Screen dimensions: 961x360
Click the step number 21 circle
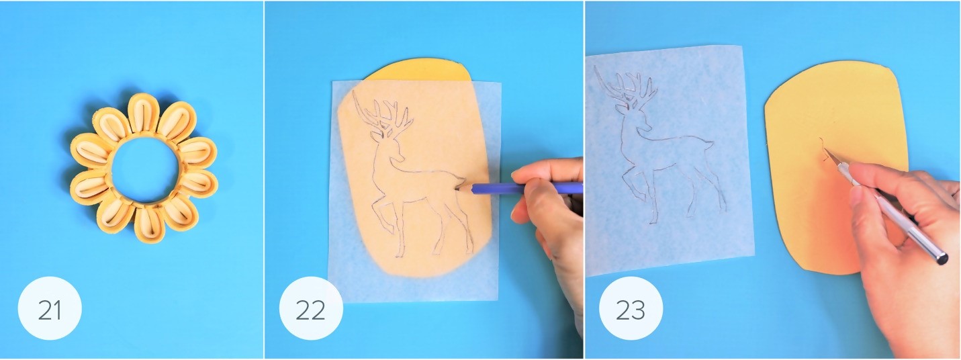50,308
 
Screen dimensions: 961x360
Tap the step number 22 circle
311,308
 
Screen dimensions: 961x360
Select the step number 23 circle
631,308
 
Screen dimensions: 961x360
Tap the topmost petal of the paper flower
143,114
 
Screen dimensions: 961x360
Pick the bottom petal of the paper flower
149,224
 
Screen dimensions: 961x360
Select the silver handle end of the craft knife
942,259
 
